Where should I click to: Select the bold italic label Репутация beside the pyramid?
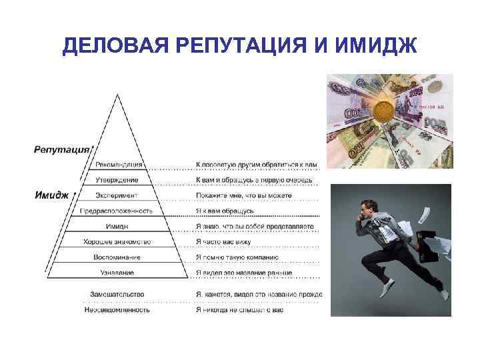pyautogui.click(x=61, y=149)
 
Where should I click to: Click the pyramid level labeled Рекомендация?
pyautogui.click(x=119, y=165)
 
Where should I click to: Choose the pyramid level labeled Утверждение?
pyautogui.click(x=117, y=180)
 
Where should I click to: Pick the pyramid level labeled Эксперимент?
pyautogui.click(x=117, y=195)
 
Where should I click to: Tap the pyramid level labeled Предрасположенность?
pyautogui.click(x=116, y=211)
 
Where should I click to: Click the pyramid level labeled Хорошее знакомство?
pyautogui.click(x=117, y=241)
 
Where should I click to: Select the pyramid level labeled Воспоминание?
pyautogui.click(x=117, y=257)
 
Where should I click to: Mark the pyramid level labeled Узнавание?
pyautogui.click(x=117, y=272)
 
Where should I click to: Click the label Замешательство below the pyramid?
pyautogui.click(x=117, y=294)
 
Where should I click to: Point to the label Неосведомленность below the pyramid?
pyautogui.click(x=117, y=309)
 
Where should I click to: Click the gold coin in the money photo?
pyautogui.click(x=385, y=110)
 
